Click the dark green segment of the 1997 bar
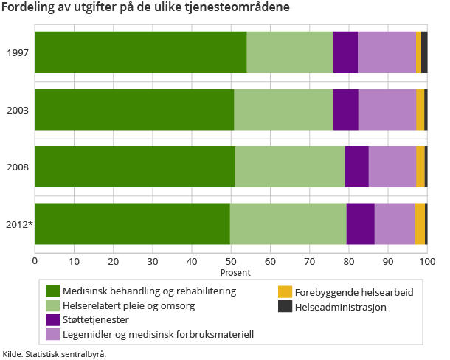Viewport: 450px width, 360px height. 140,52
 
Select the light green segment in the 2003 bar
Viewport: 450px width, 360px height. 283,109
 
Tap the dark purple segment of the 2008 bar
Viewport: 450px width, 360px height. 356,166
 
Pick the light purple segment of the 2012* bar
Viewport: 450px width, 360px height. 394,223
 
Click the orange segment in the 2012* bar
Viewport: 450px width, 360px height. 419,223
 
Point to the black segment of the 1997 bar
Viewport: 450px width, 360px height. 424,52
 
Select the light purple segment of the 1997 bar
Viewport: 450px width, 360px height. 387,52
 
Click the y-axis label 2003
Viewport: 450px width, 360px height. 18,110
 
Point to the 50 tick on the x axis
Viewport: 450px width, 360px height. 231,260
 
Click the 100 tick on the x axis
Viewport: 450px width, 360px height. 427,260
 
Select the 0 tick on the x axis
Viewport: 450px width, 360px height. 35,260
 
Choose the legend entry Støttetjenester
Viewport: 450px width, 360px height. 96,319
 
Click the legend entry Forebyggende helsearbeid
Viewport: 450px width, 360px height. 353,292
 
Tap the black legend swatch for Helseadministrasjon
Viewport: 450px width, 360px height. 285,306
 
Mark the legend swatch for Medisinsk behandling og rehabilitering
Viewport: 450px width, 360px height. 52,291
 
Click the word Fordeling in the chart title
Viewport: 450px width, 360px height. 29,8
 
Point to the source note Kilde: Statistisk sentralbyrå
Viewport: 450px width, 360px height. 55,353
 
